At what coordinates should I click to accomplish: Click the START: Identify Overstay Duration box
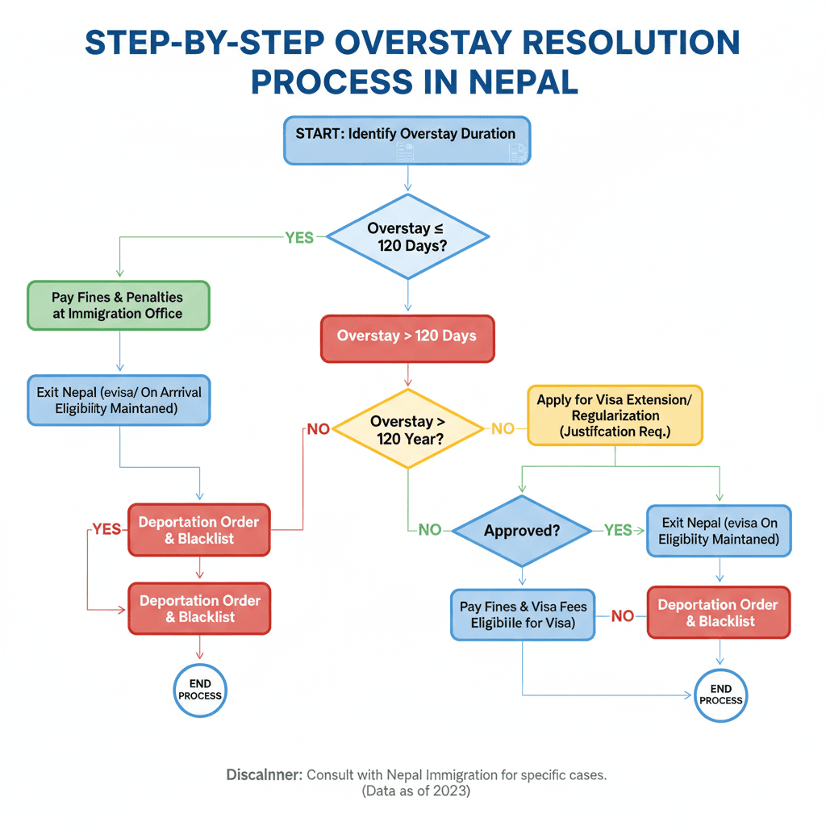coord(407,140)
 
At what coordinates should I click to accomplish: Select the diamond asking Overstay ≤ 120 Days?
coord(407,236)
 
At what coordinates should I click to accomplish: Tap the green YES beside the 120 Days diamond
coord(298,238)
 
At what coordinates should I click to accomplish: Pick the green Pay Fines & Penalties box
coord(118,305)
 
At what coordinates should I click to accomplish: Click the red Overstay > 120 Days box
coord(407,336)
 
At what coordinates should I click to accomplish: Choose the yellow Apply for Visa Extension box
coord(615,415)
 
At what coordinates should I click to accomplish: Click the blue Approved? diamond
coord(523,531)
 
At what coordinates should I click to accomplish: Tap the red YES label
coord(106,530)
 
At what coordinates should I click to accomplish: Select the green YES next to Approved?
coord(618,530)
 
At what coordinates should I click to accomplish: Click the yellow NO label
coord(503,429)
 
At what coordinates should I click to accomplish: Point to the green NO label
coord(430,530)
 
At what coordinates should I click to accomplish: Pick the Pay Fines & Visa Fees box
coord(523,615)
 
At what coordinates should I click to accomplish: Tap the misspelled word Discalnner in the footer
coord(264,775)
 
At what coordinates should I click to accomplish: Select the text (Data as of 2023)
coord(415,791)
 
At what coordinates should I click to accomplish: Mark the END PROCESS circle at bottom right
coord(721,695)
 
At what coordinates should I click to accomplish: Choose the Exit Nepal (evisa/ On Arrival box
coord(119,400)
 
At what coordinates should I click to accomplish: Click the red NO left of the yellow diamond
coord(318,429)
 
